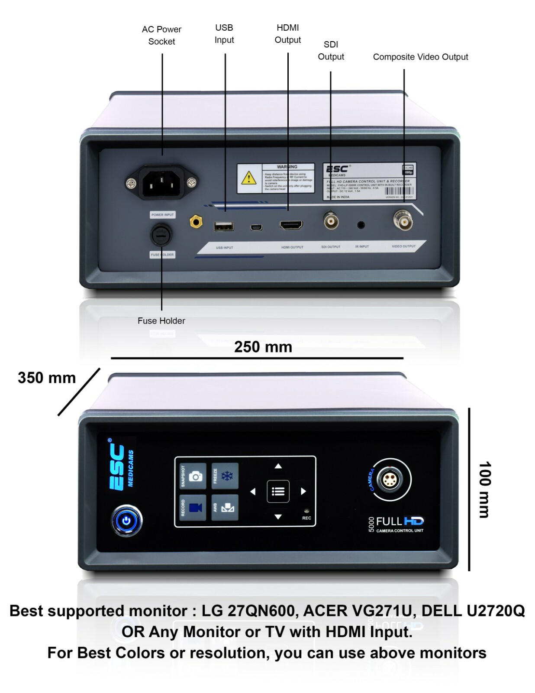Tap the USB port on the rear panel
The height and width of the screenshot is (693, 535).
click(224, 226)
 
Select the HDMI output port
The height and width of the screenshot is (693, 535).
click(291, 225)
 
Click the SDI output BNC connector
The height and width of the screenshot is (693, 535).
click(331, 221)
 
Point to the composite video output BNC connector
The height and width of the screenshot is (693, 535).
click(403, 221)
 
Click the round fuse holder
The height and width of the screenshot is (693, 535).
click(161, 235)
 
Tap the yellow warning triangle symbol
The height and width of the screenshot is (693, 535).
click(248, 178)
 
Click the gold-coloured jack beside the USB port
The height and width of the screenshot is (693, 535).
click(196, 222)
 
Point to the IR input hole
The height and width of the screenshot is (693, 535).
click(361, 224)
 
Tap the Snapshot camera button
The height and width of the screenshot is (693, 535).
click(193, 476)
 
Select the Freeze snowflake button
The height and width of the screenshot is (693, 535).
click(225, 476)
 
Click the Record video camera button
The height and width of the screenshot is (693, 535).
click(193, 507)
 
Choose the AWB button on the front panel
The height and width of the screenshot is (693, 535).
click(225, 507)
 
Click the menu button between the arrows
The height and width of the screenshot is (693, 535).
click(278, 491)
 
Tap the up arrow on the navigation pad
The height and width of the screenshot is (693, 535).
click(278, 466)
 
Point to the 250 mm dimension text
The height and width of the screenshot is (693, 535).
click(263, 347)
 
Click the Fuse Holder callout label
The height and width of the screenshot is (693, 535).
click(161, 321)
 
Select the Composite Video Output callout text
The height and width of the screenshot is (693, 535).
click(420, 57)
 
